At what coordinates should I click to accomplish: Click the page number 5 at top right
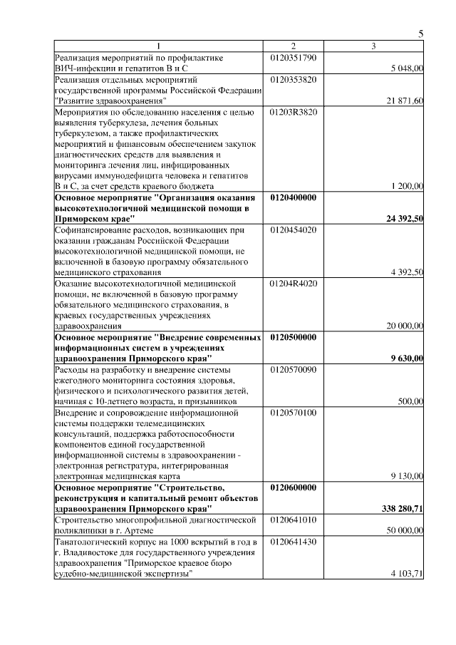pos(420,34)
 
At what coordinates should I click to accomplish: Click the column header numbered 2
pos(293,46)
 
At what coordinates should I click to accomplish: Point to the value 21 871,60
pos(405,101)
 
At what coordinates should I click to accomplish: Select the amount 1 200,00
pos(408,186)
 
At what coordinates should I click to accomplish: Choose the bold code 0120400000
pos(294,197)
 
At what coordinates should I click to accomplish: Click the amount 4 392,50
pos(408,272)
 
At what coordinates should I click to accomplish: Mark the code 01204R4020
pos(294,283)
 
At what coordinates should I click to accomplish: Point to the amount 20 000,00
pos(405,326)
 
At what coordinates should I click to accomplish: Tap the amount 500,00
pos(410,401)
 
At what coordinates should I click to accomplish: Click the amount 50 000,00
pos(405,530)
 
